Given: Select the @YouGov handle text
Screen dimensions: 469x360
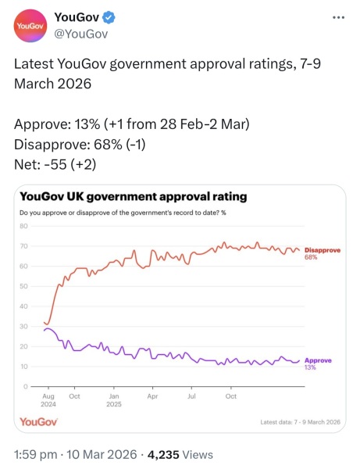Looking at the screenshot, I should point(80,34).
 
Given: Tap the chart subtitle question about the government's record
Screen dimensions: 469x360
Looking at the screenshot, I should point(116,213).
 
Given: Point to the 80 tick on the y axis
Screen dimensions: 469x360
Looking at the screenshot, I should point(23,227).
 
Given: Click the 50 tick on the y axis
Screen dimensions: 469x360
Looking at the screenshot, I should point(23,287).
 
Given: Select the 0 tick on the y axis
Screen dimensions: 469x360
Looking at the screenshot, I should point(26,387).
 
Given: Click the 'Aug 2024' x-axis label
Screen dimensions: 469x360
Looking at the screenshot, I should point(47,400).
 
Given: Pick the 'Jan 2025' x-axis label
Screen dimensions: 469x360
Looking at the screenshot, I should point(114,400).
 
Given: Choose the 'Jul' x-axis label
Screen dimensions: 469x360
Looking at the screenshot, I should point(191,396).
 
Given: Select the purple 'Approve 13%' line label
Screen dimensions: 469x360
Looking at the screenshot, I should point(318,363).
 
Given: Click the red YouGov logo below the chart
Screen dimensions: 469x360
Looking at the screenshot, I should point(37,422).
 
